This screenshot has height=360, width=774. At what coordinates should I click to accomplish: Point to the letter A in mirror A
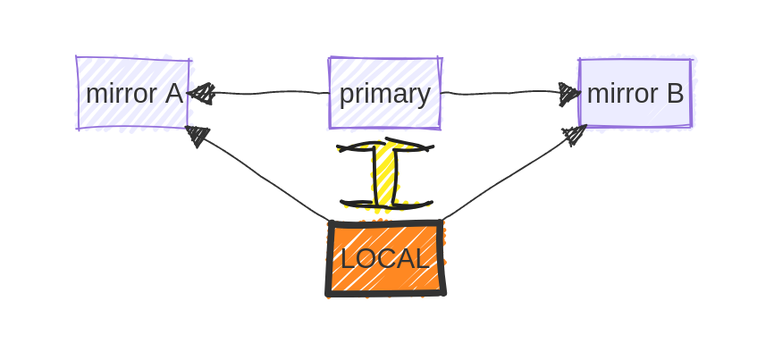(x=173, y=93)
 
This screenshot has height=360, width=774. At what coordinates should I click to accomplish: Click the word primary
(x=384, y=94)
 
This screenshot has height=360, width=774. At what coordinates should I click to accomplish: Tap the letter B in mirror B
(x=675, y=93)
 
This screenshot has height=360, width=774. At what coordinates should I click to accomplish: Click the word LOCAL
(x=384, y=259)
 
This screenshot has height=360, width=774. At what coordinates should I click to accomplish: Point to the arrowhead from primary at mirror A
(x=202, y=93)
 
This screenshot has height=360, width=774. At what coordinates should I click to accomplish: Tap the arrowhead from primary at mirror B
(x=568, y=92)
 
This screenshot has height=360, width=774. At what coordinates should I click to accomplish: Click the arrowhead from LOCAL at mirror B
(x=574, y=135)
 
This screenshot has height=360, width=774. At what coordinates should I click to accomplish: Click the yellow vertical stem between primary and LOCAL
(x=384, y=175)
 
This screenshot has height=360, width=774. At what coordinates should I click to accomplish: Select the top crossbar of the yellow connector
(x=385, y=146)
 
